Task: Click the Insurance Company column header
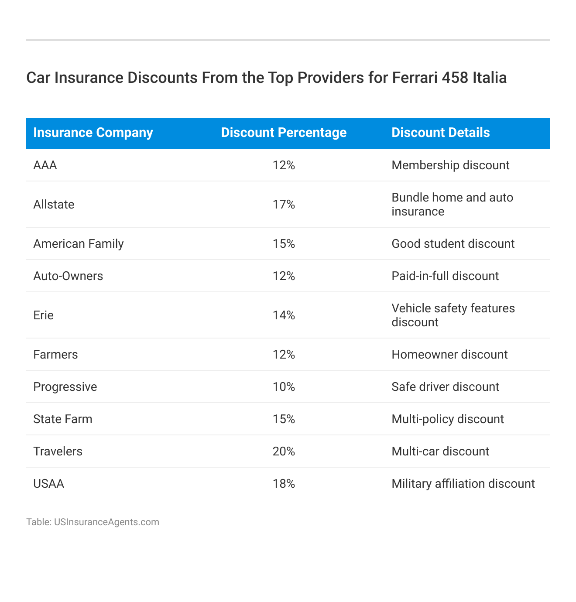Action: tap(93, 133)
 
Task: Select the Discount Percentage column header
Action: tap(284, 133)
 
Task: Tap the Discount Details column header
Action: tap(440, 133)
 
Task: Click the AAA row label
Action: tap(45, 165)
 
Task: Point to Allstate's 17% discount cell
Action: tap(284, 205)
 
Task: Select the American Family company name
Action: tap(78, 244)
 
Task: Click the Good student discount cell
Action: tap(453, 244)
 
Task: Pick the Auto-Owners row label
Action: tap(68, 276)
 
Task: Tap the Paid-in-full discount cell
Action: tap(445, 276)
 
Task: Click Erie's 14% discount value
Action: tap(284, 315)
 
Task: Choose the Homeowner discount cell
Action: tap(449, 355)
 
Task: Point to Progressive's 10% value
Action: tap(284, 387)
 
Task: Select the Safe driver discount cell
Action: tap(445, 387)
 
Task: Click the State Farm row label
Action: tap(63, 419)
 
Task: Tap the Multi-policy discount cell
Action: tap(448, 419)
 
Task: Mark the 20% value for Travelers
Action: tap(284, 451)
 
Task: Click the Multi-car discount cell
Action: tap(440, 451)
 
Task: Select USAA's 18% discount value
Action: tap(284, 484)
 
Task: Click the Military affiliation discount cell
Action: tap(463, 484)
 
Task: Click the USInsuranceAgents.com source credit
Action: tap(106, 522)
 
